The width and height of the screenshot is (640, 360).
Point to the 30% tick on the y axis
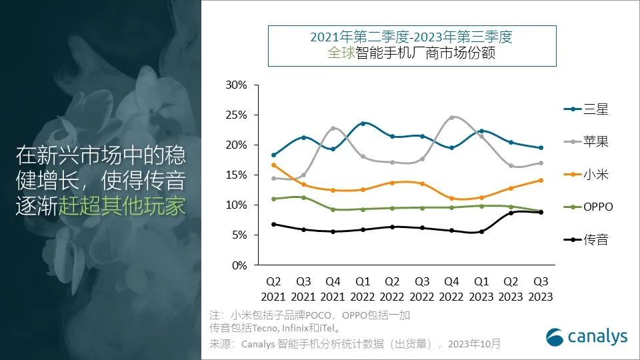click(x=237, y=85)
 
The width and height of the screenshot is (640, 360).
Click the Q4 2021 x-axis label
click(x=333, y=289)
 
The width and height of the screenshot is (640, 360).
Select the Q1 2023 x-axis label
click(x=481, y=289)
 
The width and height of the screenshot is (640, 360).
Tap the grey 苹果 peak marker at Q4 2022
click(x=451, y=117)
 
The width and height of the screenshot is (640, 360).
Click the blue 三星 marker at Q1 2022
click(x=363, y=123)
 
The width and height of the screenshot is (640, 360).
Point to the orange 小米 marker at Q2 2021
click(x=274, y=165)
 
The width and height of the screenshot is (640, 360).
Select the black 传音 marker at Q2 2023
click(x=511, y=213)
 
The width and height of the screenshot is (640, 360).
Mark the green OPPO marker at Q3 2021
click(x=303, y=197)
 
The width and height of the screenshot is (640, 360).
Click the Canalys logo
click(x=587, y=337)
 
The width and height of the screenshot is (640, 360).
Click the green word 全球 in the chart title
click(x=341, y=53)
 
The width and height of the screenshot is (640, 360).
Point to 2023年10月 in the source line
click(x=474, y=344)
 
